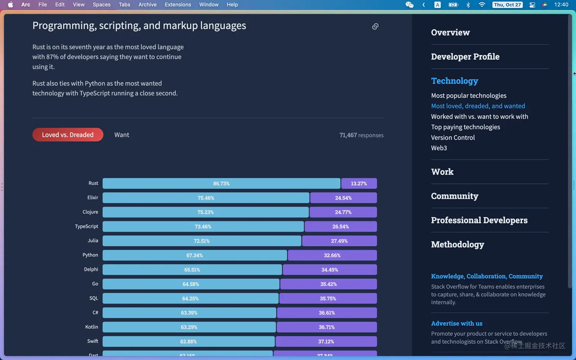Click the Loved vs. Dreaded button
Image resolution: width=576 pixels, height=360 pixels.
pos(68,135)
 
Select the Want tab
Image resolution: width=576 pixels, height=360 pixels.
pos(122,135)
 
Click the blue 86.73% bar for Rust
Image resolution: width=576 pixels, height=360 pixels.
pos(221,184)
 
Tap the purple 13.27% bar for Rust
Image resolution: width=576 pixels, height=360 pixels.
pos(359,184)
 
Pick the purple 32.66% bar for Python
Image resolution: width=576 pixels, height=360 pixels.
pos(332,255)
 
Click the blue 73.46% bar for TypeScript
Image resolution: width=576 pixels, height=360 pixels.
pos(203,227)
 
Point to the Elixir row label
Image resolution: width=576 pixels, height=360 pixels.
pos(93,198)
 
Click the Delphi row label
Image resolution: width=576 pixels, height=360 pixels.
pos(91,269)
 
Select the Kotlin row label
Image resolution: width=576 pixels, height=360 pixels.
pos(91,327)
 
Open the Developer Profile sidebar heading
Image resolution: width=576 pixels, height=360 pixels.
pos(465,57)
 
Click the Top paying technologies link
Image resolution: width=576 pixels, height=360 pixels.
pos(466,127)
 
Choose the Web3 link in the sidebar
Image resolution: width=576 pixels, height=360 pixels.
pos(439,148)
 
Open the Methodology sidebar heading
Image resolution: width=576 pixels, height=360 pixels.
pos(458,245)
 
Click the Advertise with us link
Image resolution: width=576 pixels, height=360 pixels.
pos(457,323)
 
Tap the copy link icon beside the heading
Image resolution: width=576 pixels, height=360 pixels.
pos(375,26)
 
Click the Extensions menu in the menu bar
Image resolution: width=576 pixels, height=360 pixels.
pos(178,5)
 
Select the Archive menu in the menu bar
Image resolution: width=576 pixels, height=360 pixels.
pos(147,5)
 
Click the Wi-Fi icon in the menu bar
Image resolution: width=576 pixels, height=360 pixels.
pos(482,5)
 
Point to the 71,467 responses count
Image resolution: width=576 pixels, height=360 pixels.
pos(361,135)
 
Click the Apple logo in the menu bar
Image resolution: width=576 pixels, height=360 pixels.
pos(10,5)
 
